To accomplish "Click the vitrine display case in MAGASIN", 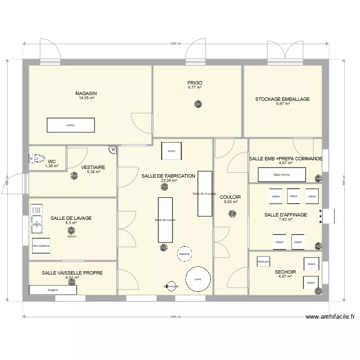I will [x=71, y=125].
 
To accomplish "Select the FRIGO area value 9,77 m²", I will [x=194, y=88].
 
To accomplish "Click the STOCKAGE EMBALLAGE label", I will [x=282, y=99].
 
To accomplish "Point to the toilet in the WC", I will [x=37, y=158].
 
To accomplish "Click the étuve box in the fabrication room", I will [x=171, y=151].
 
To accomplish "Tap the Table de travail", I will [x=165, y=220].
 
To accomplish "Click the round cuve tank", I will [x=197, y=279].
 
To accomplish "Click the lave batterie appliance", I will [x=41, y=245].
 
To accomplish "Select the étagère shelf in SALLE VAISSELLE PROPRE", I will [x=53, y=290].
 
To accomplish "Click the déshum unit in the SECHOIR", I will [x=264, y=262].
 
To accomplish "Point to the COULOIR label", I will [x=230, y=197].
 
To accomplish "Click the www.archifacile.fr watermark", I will [x=330, y=317].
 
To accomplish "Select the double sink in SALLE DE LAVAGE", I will [x=36, y=216].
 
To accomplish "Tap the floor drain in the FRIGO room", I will [x=197, y=104].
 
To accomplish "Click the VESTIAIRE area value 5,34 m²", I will [x=93, y=172].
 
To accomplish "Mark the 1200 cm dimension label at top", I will [x=175, y=44].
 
